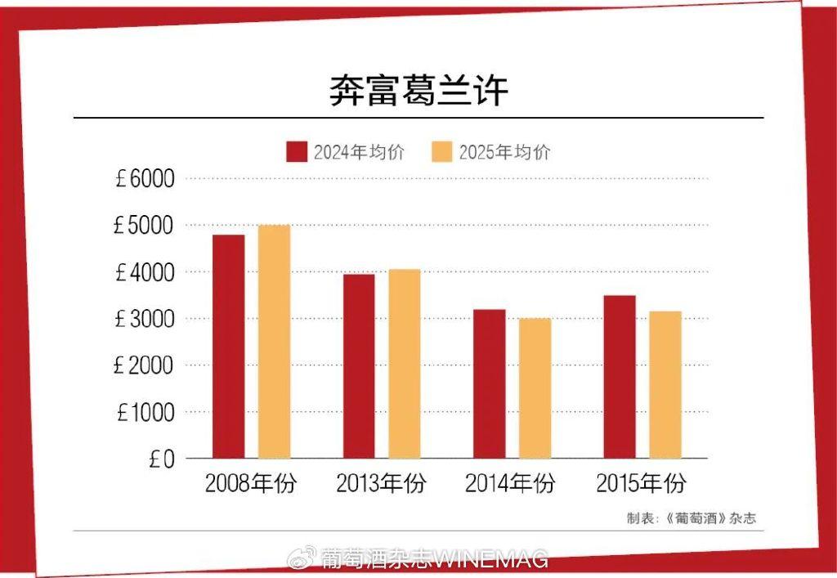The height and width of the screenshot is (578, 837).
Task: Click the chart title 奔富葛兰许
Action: pyautogui.click(x=418, y=92)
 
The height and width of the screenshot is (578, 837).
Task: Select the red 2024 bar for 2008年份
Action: pyautogui.click(x=228, y=346)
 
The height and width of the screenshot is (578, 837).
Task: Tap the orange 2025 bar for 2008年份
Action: pyautogui.click(x=274, y=341)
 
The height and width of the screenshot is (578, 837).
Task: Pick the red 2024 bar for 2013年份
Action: pyautogui.click(x=359, y=365)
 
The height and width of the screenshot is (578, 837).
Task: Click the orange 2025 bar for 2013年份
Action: pyautogui.click(x=405, y=363)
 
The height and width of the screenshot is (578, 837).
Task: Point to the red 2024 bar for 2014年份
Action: pyautogui.click(x=489, y=383)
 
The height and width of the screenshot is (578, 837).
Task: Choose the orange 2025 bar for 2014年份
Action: pyautogui.click(x=535, y=388)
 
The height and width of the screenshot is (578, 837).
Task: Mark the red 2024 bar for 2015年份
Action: pyautogui.click(x=620, y=376)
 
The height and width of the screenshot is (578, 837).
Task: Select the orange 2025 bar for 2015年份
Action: pyautogui.click(x=665, y=384)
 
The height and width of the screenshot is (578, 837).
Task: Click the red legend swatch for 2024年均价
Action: pyautogui.click(x=297, y=152)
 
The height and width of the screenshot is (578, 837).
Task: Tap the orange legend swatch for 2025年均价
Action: pyautogui.click(x=442, y=152)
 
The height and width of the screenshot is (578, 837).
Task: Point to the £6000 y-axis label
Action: pyautogui.click(x=145, y=178)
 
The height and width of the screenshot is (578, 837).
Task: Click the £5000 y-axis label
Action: pyautogui.click(x=145, y=225)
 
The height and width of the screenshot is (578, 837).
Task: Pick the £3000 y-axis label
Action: pyautogui.click(x=145, y=319)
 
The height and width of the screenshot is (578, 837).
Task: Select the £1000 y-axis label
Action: pyautogui.click(x=145, y=413)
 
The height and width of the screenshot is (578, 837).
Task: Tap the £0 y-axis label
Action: pyautogui.click(x=162, y=459)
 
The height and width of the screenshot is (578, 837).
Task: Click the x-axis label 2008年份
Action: pyautogui.click(x=251, y=484)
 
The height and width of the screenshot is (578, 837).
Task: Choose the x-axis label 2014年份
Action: pyautogui.click(x=510, y=484)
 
